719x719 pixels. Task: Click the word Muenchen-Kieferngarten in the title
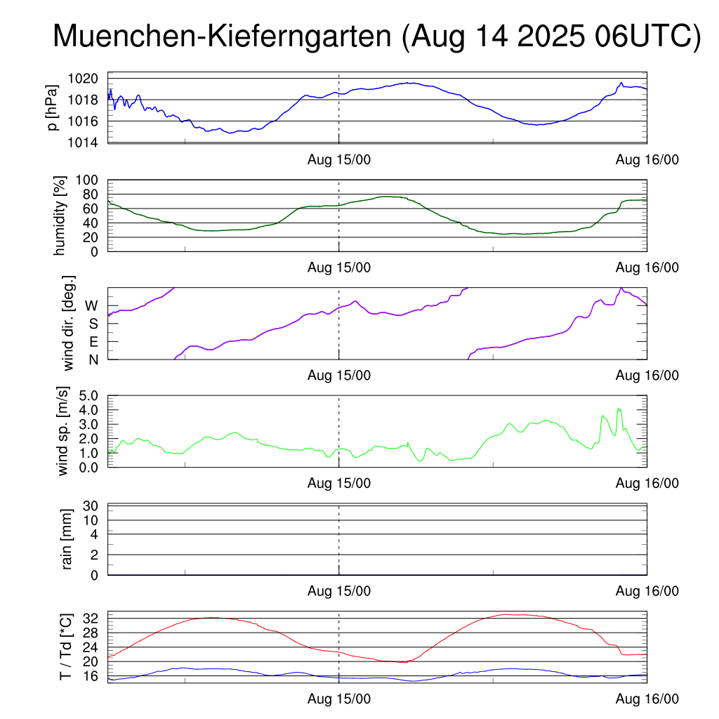coord(222,37)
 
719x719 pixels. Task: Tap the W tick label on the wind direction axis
coord(92,305)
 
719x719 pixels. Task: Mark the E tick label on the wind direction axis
coord(93,342)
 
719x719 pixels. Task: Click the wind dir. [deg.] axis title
coord(69,323)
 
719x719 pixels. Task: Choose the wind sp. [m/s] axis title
coord(64,431)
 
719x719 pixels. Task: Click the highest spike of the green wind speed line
coord(619,408)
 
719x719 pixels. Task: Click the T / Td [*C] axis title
coord(65,647)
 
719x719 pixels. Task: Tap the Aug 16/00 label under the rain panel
coord(647,591)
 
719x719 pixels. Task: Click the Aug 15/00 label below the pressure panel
coord(339,160)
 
